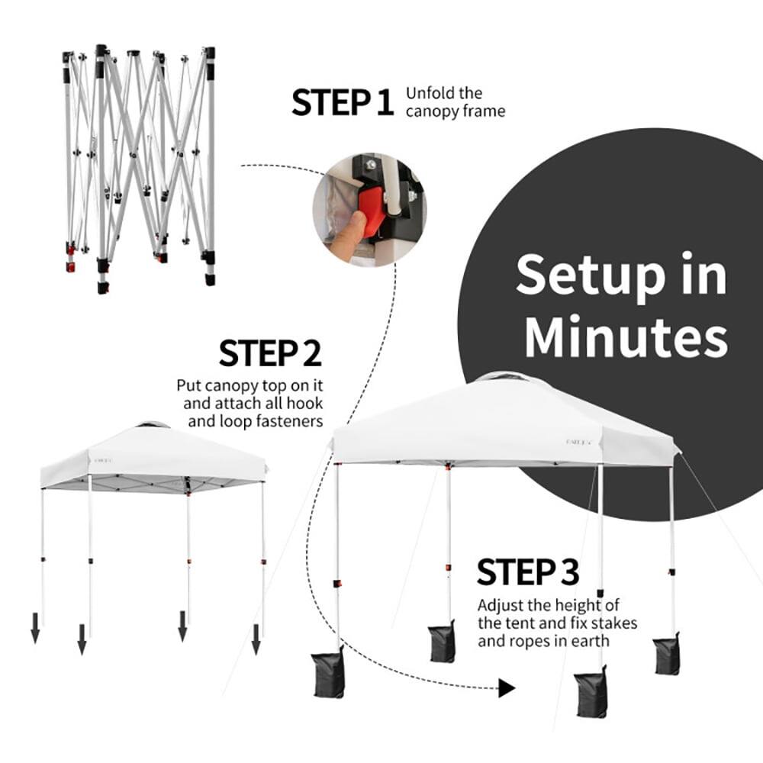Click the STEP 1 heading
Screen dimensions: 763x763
[x=342, y=103]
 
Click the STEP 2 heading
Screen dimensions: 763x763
[x=270, y=354]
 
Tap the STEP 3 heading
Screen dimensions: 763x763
[x=528, y=571]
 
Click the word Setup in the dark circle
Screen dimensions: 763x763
[x=621, y=275]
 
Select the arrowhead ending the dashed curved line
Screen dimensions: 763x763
[x=506, y=689]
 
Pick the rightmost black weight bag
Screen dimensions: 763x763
[x=666, y=654]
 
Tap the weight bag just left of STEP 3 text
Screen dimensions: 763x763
[x=442, y=642]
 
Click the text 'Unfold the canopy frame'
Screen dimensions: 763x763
[x=455, y=102]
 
